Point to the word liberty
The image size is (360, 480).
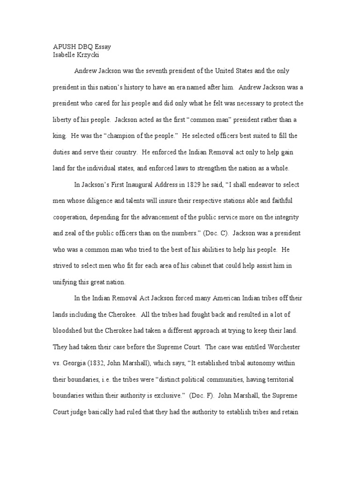tap(61, 120)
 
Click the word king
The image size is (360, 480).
tap(58, 136)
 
